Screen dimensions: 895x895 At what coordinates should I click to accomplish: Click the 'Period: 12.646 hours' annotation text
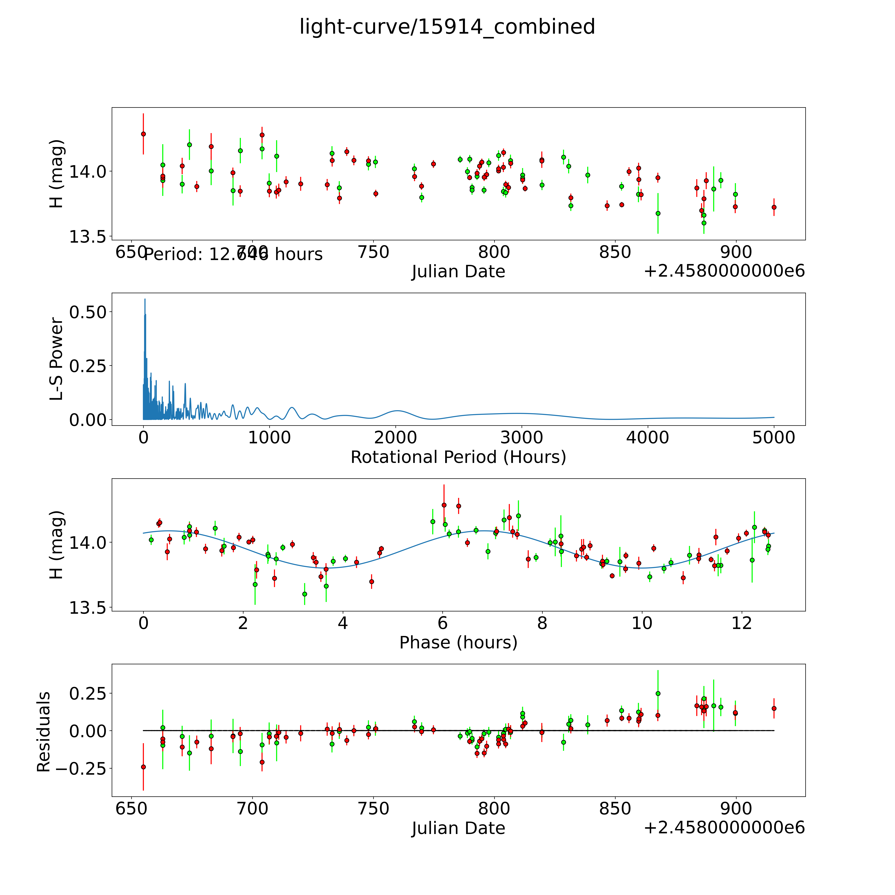[x=233, y=254]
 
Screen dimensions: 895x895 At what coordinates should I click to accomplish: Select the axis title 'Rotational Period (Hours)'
[x=458, y=457]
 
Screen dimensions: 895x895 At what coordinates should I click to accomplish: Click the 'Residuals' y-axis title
[x=43, y=732]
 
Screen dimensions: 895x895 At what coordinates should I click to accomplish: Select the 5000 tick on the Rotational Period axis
[x=774, y=437]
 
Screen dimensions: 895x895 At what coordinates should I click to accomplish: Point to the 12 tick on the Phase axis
[x=742, y=623]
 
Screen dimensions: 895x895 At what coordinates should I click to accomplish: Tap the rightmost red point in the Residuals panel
[x=774, y=708]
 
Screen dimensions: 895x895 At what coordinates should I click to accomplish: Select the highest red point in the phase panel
[x=444, y=505]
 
